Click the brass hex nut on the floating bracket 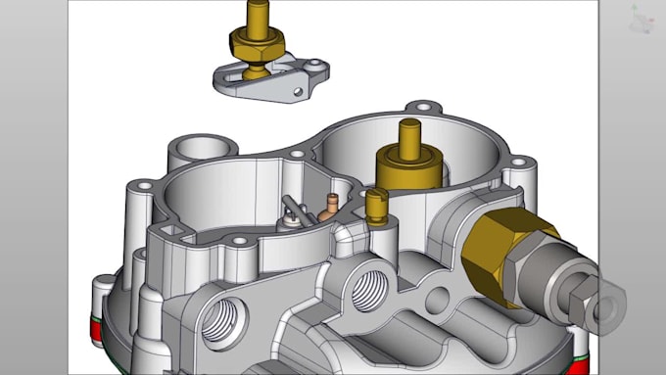point(256,44)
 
